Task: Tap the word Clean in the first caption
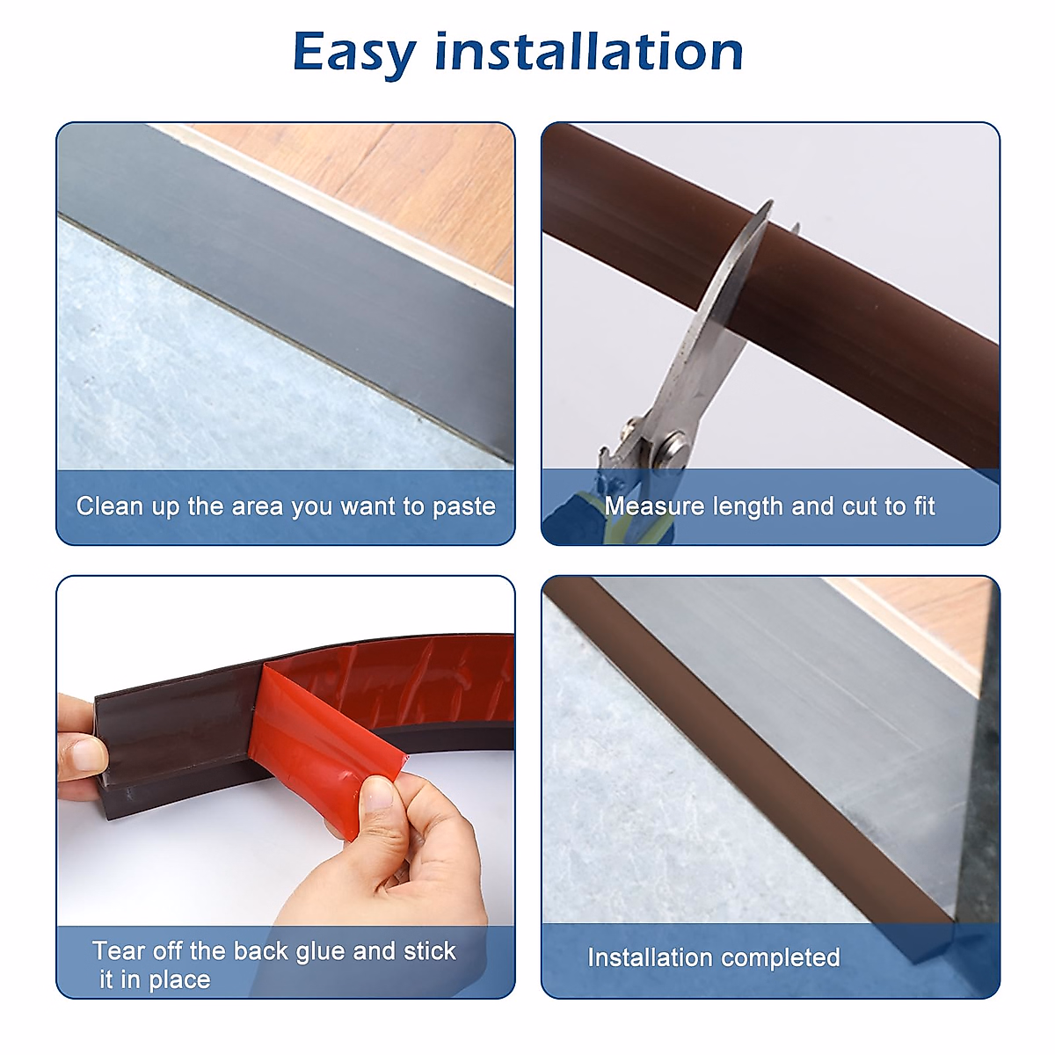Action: (x=109, y=506)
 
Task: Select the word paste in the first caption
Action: (x=463, y=507)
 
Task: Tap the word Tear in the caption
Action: (x=119, y=951)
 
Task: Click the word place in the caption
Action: (x=178, y=980)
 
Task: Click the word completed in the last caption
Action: (x=787, y=957)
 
